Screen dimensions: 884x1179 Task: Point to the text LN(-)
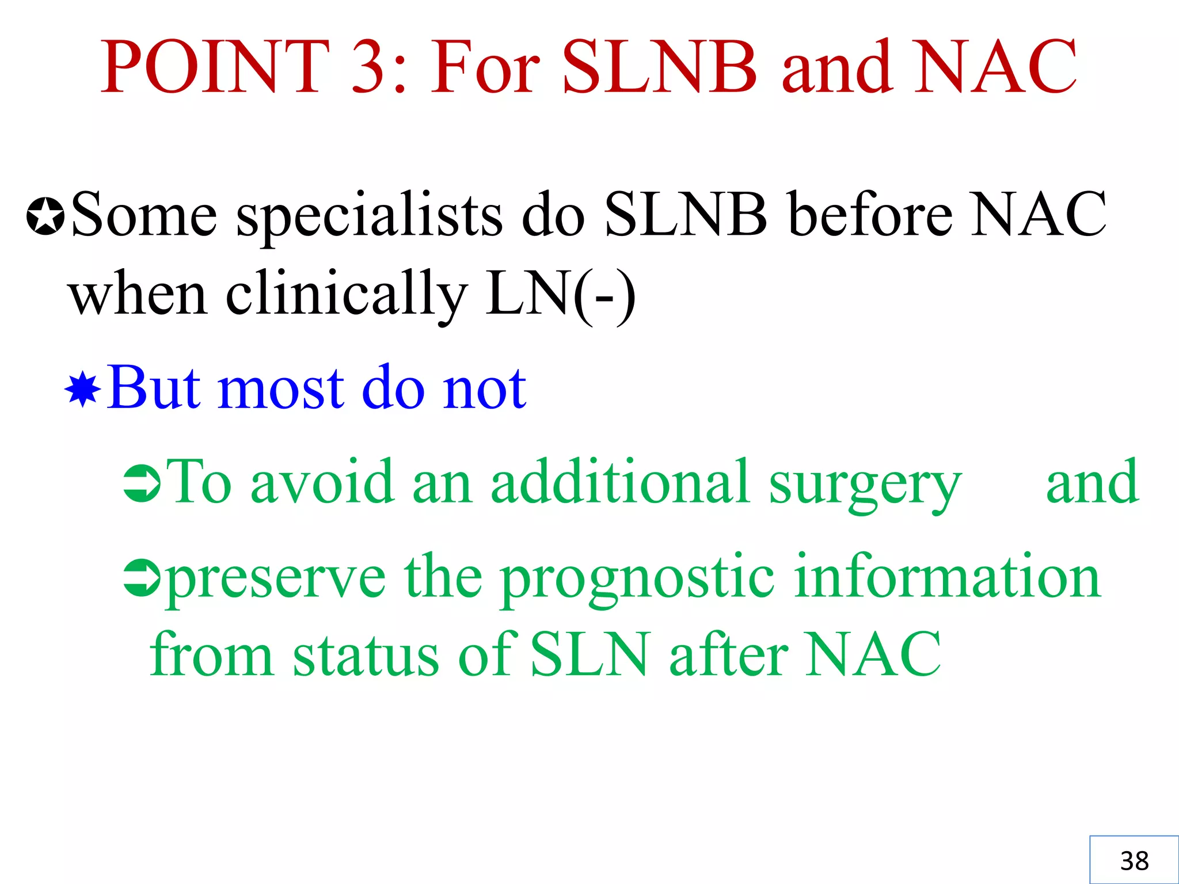pyautogui.click(x=560, y=295)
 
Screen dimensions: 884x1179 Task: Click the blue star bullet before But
pyautogui.click(x=83, y=390)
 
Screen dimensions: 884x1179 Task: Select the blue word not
pyautogui.click(x=484, y=388)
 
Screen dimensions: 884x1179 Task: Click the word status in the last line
pyautogui.click(x=366, y=655)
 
